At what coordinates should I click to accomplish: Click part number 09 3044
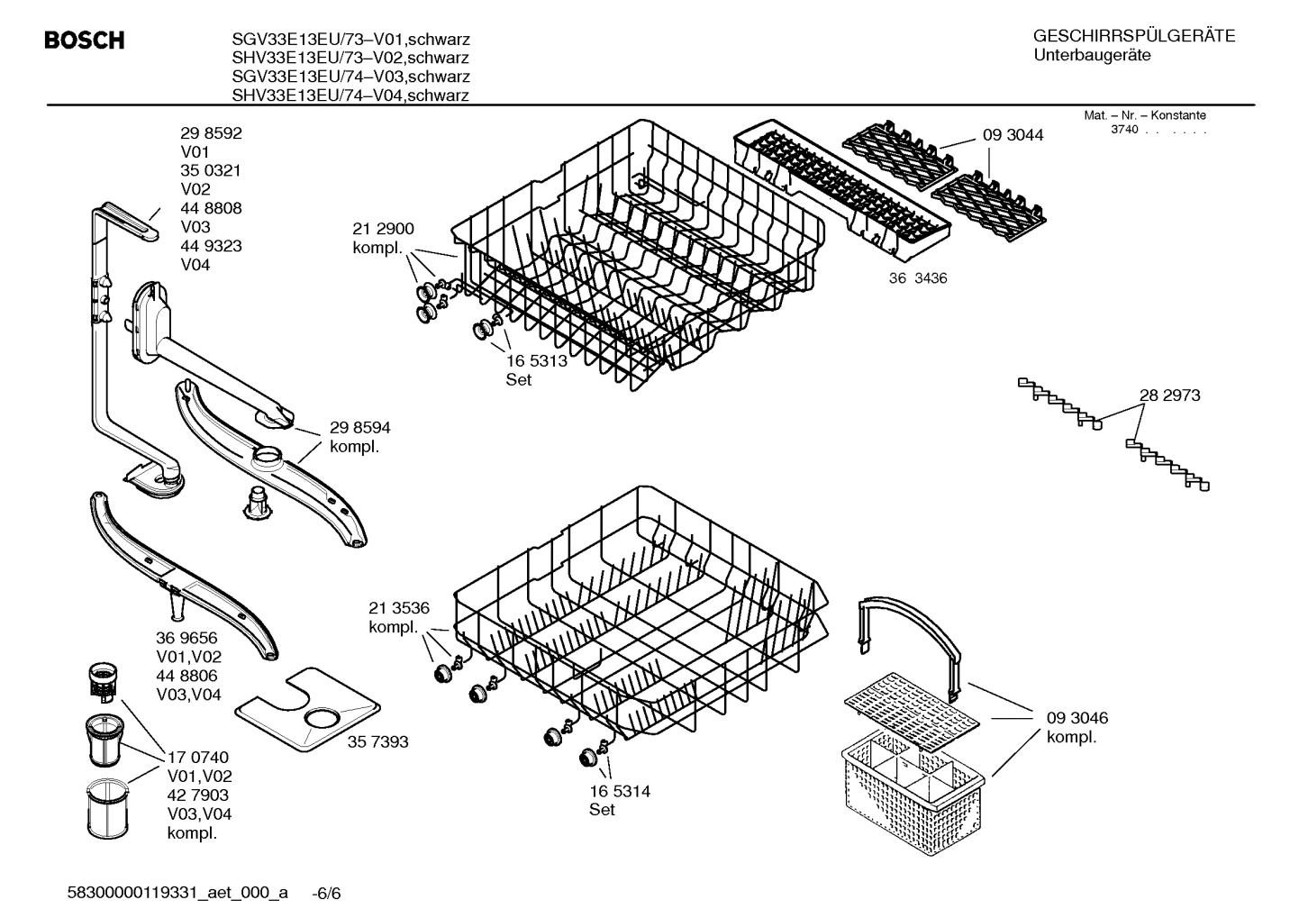(1013, 135)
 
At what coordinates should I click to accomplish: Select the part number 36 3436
(918, 278)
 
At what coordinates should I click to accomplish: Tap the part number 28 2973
(1169, 395)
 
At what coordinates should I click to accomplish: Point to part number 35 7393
(378, 741)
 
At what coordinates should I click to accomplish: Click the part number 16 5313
(536, 360)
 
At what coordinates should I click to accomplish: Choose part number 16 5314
(619, 791)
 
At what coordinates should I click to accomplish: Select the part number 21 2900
(383, 229)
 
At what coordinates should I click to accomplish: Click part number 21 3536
(398, 608)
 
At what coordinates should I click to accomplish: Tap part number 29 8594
(359, 428)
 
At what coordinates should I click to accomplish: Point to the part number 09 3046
(1076, 718)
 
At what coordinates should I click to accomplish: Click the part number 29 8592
(211, 133)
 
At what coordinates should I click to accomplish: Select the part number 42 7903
(198, 795)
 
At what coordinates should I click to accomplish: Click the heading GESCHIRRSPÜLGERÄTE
(1133, 36)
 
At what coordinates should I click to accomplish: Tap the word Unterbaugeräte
(1091, 56)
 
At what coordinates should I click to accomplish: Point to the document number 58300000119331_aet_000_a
(177, 893)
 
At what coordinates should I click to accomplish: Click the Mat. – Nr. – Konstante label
(1144, 115)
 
